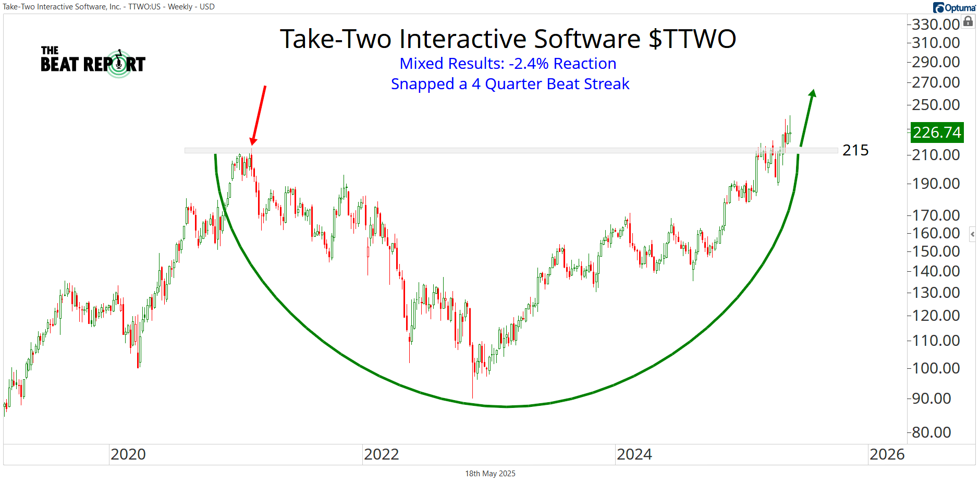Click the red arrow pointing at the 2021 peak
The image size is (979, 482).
pos(259,115)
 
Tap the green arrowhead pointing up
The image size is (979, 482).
pos(812,94)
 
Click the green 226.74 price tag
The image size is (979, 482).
pos(937,132)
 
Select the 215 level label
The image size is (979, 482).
pos(855,150)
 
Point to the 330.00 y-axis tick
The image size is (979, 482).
pos(936,24)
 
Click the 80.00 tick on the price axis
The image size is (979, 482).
pos(931,432)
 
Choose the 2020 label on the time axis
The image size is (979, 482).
pos(128,454)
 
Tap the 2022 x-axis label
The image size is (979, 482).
pos(381,454)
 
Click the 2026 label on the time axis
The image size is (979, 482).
pos(887,454)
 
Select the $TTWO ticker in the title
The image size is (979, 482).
pos(692,39)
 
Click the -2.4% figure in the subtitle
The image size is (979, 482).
pos(529,64)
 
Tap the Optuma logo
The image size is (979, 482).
pos(954,7)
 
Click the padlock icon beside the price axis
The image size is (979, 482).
pos(968,21)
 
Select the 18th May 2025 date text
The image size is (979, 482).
pos(490,474)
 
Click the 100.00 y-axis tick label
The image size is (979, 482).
pos(936,368)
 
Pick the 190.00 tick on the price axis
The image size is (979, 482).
pos(936,184)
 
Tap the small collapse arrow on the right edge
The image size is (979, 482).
pos(972,234)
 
